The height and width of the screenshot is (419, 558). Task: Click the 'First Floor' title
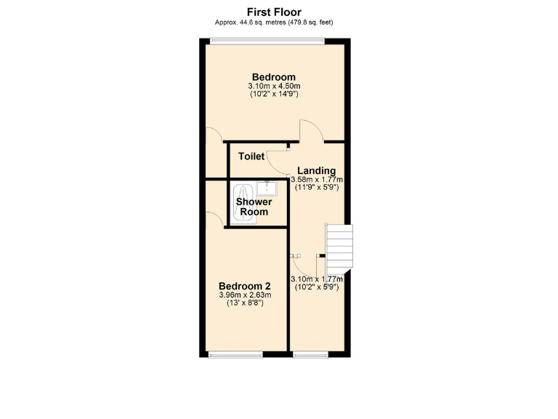point(274,11)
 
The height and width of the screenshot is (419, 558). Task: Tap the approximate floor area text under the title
point(274,22)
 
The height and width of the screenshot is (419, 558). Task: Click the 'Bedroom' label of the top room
point(274,77)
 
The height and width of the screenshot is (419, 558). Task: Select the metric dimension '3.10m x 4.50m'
point(274,86)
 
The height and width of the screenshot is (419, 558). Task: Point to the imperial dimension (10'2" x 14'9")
point(274,95)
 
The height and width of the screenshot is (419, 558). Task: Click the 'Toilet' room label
point(251,156)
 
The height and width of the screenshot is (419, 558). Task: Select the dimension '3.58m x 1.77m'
point(317,180)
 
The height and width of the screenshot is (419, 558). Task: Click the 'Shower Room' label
point(254,207)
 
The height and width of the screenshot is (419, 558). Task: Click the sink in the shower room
point(267,188)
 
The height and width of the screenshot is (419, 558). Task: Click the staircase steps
point(339,247)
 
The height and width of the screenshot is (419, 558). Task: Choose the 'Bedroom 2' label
point(245,285)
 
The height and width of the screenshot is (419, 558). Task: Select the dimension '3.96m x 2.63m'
point(245,295)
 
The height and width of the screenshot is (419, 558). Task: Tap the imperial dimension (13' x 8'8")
point(245,303)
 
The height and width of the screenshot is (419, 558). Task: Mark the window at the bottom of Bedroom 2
point(235,354)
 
